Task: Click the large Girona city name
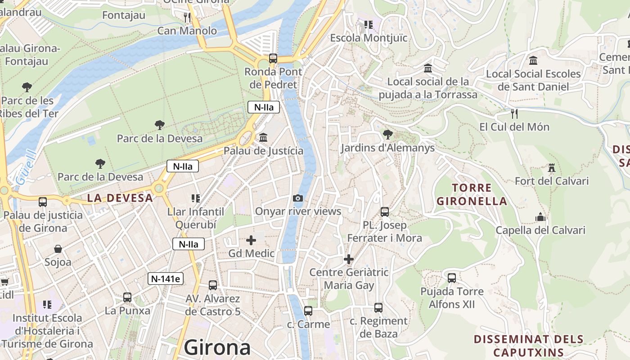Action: [217, 347]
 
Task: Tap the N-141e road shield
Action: [166, 279]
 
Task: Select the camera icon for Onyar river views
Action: [297, 198]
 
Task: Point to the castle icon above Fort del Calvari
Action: [552, 168]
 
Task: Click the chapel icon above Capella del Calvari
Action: [540, 217]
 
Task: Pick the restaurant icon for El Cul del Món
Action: [514, 113]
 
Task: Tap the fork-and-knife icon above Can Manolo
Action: [187, 18]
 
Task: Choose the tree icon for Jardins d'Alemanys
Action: [387, 134]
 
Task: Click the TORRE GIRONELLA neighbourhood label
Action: [472, 194]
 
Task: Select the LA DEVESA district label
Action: [120, 198]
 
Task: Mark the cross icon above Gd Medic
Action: [251, 240]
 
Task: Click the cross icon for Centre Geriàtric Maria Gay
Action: [349, 259]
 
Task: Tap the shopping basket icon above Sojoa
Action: [58, 249]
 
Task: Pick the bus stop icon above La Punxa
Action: [127, 297]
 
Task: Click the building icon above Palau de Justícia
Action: [263, 137]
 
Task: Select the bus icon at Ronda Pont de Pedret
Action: [273, 58]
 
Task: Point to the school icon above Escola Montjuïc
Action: [369, 25]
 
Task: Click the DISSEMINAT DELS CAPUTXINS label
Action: [529, 346]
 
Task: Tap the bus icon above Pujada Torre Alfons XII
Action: [452, 278]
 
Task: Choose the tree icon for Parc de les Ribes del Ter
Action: [27, 87]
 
